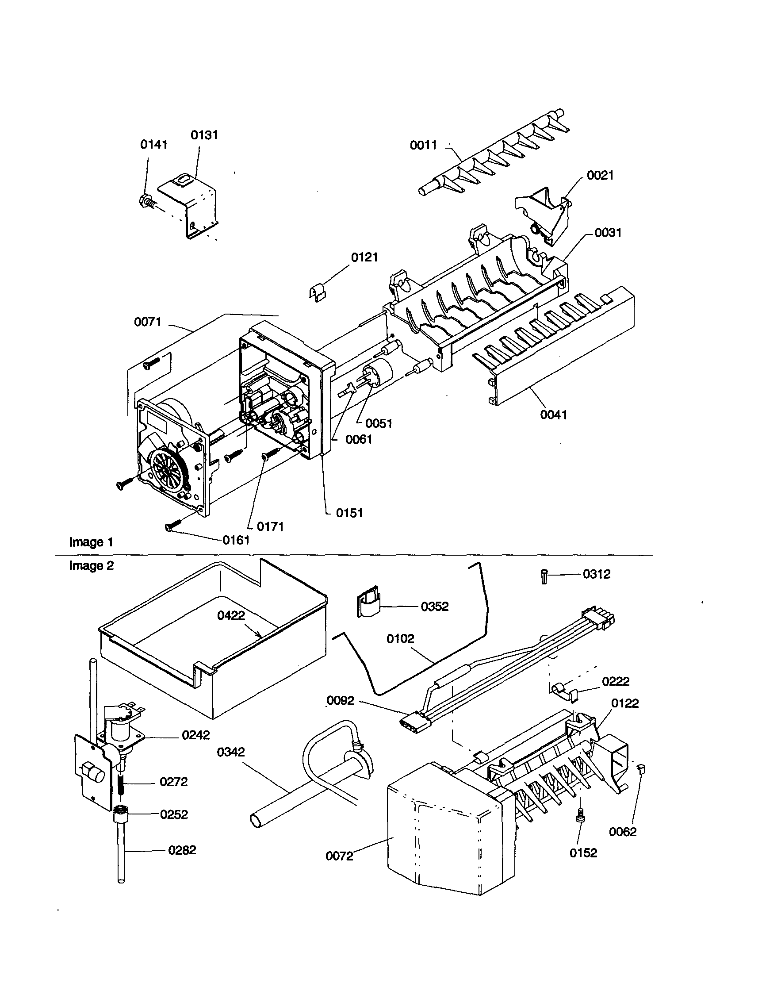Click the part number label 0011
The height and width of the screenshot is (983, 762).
coord(423,145)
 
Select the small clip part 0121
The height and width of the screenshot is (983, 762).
coord(318,292)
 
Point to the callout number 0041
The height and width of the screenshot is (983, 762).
coord(553,415)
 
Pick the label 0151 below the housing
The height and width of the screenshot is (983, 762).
coord(349,513)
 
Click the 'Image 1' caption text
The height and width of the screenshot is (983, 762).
coord(91,542)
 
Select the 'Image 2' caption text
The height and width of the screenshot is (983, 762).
coord(91,566)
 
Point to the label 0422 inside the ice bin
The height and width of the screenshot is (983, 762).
coord(231,615)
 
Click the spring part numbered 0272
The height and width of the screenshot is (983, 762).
coord(121,783)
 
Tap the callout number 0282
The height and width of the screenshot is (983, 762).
coord(182,850)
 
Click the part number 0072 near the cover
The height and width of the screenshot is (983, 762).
coord(339,856)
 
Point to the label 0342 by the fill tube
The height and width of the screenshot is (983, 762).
coord(231,752)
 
